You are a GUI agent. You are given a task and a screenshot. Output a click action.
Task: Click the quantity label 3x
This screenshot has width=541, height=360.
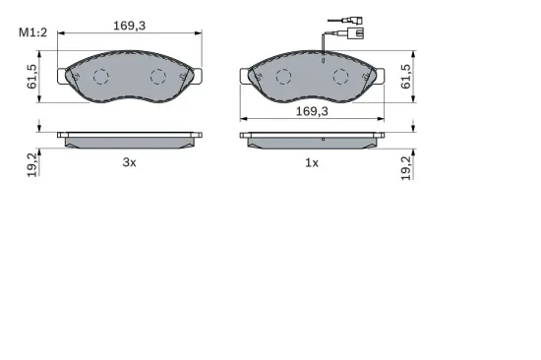tap(128, 163)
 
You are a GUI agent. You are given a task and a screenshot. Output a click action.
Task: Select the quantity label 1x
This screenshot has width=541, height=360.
tap(311, 163)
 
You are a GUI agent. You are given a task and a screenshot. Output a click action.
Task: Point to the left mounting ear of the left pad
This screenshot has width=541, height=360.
tap(66, 74)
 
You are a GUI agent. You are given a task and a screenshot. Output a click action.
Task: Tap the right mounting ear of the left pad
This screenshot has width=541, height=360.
tap(194, 74)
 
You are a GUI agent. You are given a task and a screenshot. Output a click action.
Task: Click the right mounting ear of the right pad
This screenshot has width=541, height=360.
tap(377, 74)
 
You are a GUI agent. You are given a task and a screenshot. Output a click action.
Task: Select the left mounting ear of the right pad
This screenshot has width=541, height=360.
tap(248, 74)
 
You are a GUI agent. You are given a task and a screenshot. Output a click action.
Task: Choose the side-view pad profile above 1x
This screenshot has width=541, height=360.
tap(313, 139)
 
